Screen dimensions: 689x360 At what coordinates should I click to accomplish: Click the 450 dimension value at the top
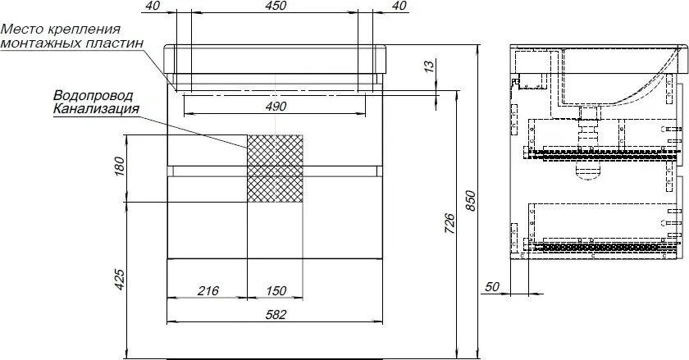(276, 6)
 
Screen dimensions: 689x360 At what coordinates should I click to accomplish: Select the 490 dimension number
(276, 107)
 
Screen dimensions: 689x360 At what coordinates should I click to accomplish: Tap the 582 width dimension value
(276, 314)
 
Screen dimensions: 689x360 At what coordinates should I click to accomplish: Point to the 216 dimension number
(208, 290)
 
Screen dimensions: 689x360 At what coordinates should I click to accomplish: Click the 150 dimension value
(276, 290)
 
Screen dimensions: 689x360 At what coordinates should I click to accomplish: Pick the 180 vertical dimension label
(120, 166)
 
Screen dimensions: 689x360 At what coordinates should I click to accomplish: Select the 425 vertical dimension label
(120, 280)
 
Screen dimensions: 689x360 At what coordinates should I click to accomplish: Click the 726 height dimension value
(449, 223)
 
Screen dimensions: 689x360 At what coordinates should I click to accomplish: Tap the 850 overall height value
(470, 200)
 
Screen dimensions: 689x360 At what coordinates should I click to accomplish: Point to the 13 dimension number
(430, 65)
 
